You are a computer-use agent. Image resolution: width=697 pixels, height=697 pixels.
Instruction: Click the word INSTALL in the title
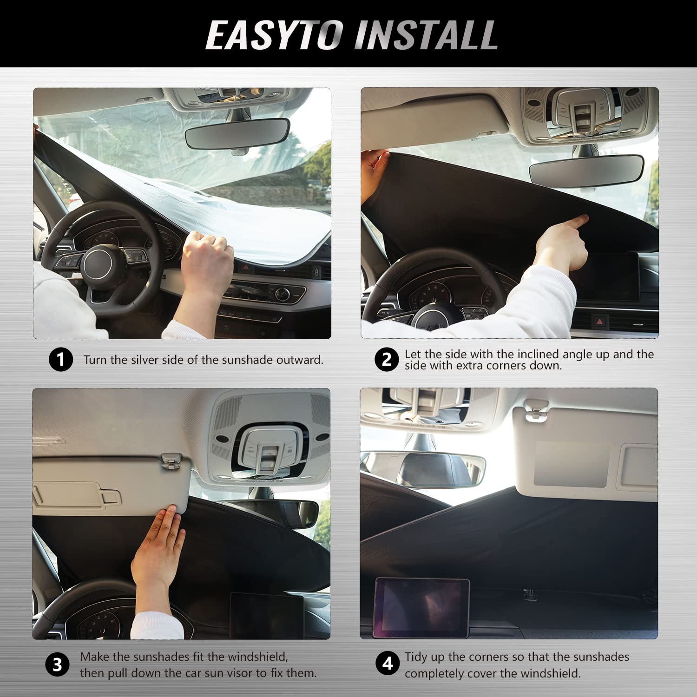coord(427,35)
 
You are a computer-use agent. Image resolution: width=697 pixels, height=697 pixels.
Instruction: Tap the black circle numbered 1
coord(61,360)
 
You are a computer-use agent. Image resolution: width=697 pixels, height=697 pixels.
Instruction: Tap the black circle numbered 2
coord(387,360)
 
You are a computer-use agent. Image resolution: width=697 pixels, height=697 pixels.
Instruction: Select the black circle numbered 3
coord(57,665)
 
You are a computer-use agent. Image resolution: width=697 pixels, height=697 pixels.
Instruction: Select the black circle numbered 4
coord(387,664)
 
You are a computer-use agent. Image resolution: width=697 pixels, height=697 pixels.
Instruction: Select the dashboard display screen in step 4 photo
coord(421,607)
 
